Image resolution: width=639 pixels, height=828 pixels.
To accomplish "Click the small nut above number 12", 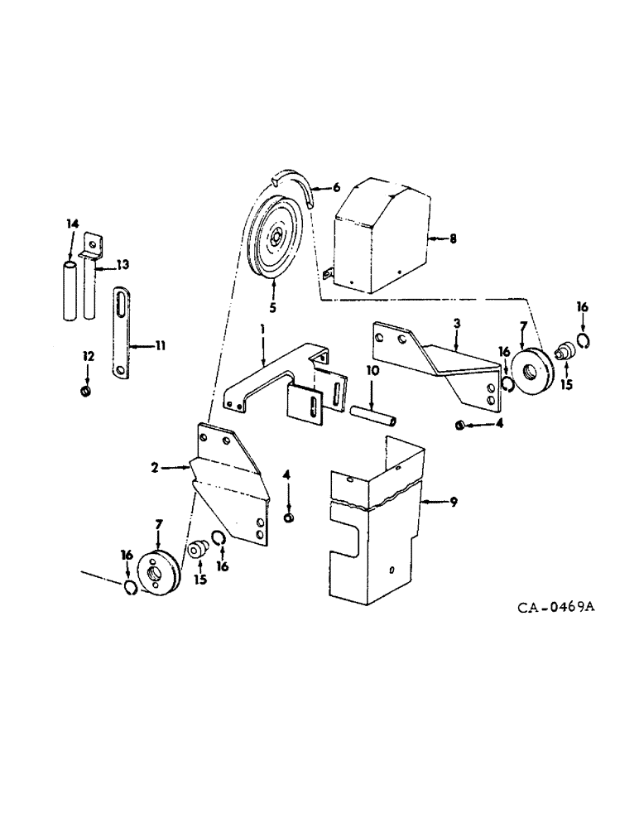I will click(85, 390).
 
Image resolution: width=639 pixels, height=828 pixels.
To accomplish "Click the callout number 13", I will click(123, 264).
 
